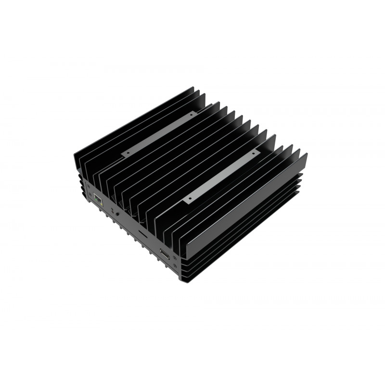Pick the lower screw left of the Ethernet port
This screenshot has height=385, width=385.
point(90,195)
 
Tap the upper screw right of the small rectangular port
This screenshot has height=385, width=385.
point(175,258)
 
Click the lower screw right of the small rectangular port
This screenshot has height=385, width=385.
point(175,265)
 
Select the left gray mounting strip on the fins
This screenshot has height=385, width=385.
point(159,133)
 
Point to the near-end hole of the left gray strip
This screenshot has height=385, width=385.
point(127,152)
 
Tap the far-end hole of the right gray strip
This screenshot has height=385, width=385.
point(256,153)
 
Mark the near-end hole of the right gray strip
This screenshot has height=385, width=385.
point(188,198)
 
